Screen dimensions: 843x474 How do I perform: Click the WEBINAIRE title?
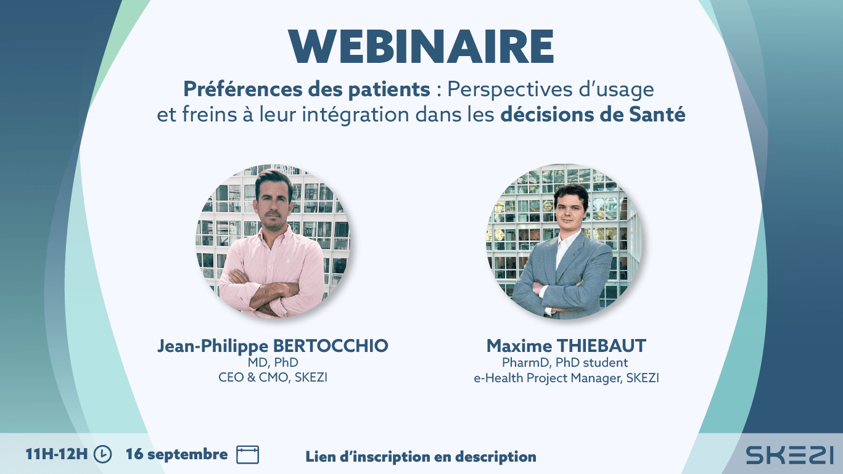(x=421, y=46)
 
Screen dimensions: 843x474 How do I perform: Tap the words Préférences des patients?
(x=306, y=89)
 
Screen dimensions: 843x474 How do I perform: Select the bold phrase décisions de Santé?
(x=593, y=115)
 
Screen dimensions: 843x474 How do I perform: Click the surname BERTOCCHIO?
(x=331, y=346)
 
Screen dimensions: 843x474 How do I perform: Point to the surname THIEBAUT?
(x=601, y=346)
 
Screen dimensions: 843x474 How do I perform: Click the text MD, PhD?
(x=273, y=362)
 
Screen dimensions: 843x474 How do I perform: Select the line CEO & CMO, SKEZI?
(x=273, y=377)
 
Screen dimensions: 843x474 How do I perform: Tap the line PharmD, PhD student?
(x=565, y=362)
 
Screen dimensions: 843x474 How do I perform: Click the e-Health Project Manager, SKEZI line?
(x=566, y=378)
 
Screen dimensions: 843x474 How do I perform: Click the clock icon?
(x=102, y=454)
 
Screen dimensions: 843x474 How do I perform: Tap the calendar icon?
(x=248, y=454)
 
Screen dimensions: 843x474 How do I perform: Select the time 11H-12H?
(x=57, y=454)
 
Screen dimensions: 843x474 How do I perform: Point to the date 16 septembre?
(x=176, y=454)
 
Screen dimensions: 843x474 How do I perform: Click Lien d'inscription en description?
(x=421, y=457)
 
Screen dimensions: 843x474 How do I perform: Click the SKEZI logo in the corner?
(x=789, y=455)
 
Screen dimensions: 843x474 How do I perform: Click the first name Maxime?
(x=519, y=346)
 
